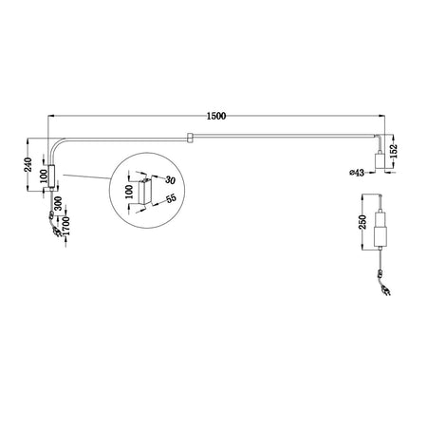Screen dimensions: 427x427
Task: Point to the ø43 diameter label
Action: (358, 172)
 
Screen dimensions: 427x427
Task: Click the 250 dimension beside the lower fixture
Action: (363, 225)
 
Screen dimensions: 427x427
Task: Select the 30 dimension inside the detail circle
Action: (171, 179)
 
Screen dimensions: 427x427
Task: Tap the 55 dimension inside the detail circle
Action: (172, 200)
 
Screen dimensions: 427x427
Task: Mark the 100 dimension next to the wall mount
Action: (42, 178)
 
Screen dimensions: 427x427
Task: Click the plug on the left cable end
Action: (54, 228)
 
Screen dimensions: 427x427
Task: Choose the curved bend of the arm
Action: (57, 142)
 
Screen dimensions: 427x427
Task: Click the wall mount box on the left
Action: (52, 178)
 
